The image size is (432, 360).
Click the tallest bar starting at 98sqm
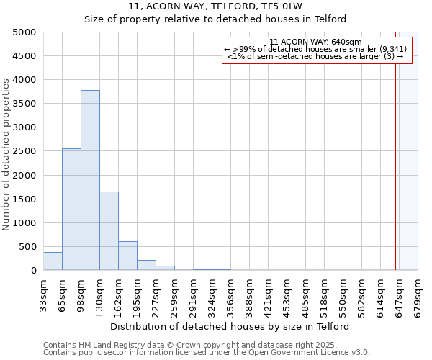point(90,180)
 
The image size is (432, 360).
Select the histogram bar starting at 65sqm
point(71,209)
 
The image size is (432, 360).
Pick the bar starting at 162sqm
point(127,256)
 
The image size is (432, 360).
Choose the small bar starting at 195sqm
point(146,265)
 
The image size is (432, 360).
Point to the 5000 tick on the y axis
point(24,32)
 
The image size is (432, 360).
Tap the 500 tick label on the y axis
point(27,246)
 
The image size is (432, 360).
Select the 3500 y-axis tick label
point(24,104)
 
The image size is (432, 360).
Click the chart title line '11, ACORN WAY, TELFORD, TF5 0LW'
point(216,6)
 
